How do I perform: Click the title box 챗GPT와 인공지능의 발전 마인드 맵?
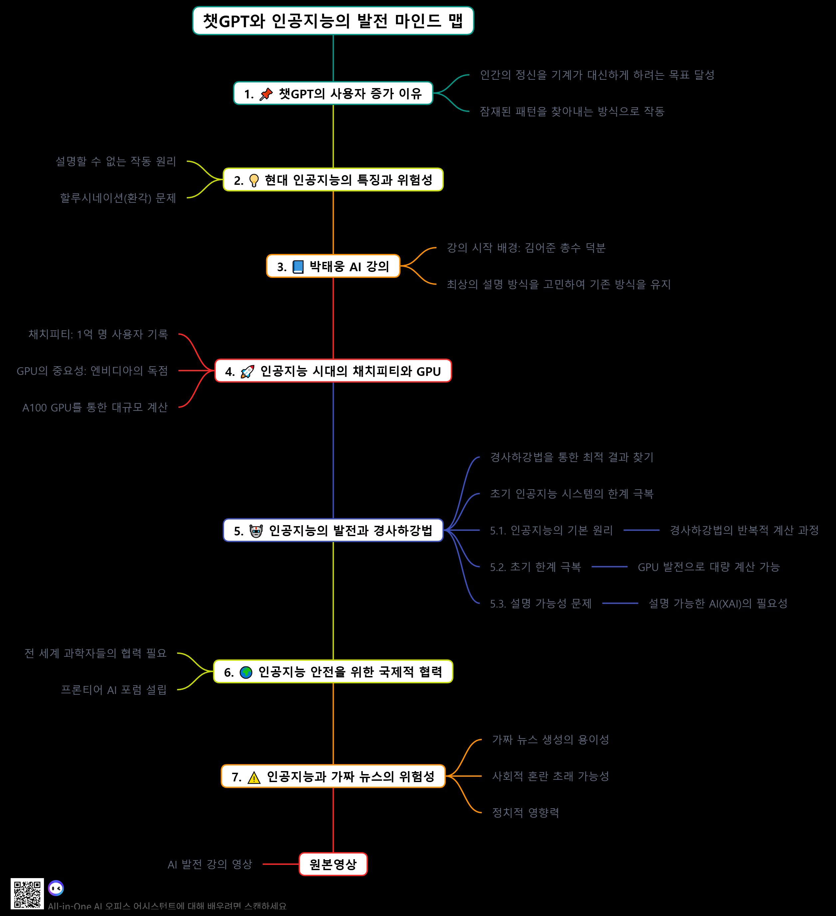pyautogui.click(x=333, y=21)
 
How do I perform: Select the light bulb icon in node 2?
pyautogui.click(x=254, y=181)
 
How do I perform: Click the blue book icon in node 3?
pyautogui.click(x=298, y=267)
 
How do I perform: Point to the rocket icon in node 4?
pyautogui.click(x=247, y=372)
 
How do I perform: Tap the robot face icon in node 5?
pyautogui.click(x=256, y=531)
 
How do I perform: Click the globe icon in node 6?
pyautogui.click(x=246, y=672)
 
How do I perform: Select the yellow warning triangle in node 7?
pyautogui.click(x=254, y=777)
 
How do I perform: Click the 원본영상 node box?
pyautogui.click(x=333, y=864)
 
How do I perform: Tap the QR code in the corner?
pyautogui.click(x=27, y=893)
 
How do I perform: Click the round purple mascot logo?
pyautogui.click(x=56, y=887)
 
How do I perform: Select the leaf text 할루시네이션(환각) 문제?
pyautogui.click(x=118, y=198)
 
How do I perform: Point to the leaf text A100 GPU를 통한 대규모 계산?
pyautogui.click(x=95, y=407)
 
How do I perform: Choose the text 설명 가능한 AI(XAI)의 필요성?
pyautogui.click(x=718, y=603)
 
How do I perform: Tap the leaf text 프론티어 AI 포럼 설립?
pyautogui.click(x=114, y=690)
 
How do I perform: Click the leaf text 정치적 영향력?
pyautogui.click(x=525, y=812)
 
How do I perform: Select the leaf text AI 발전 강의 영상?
pyautogui.click(x=210, y=864)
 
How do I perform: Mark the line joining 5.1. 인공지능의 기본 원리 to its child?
pyautogui.click(x=641, y=530)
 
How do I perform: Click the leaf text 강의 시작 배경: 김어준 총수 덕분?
pyautogui.click(x=526, y=248)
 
